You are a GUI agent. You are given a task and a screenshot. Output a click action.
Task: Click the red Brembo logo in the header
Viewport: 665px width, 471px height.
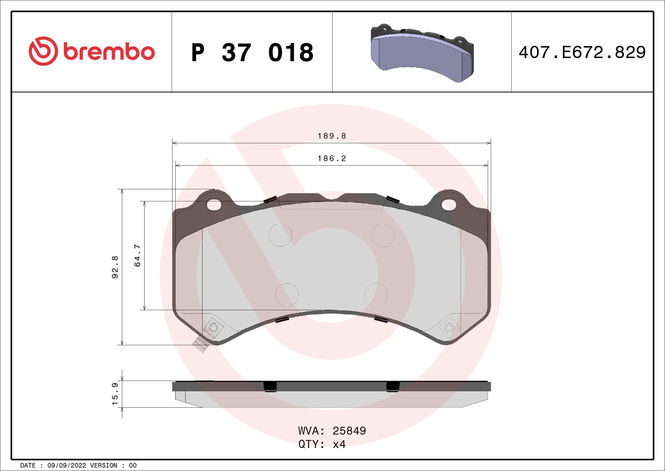click(x=92, y=51)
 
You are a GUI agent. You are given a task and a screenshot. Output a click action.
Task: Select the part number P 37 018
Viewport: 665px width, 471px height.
click(x=252, y=52)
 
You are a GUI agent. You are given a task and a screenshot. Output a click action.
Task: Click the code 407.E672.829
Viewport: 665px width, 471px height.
click(x=582, y=52)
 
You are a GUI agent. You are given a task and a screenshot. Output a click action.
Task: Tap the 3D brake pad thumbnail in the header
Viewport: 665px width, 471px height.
click(x=422, y=52)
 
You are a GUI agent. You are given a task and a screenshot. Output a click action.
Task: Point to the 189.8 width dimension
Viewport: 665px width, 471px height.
click(x=332, y=136)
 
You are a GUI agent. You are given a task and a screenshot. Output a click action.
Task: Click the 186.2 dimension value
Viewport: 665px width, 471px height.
click(x=332, y=159)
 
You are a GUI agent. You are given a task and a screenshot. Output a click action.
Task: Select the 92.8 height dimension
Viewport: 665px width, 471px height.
click(x=115, y=267)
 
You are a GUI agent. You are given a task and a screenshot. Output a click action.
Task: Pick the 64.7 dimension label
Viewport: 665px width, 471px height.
click(x=138, y=255)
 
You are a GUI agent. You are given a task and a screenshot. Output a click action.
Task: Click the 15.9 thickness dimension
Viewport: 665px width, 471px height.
click(x=115, y=394)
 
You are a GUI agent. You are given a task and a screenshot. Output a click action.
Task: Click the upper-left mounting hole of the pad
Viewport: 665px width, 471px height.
click(x=214, y=205)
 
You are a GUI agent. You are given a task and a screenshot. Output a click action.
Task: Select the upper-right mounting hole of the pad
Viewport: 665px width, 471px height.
click(x=449, y=205)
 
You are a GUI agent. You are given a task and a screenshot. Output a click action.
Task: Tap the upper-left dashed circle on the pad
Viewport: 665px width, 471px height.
click(x=280, y=235)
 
